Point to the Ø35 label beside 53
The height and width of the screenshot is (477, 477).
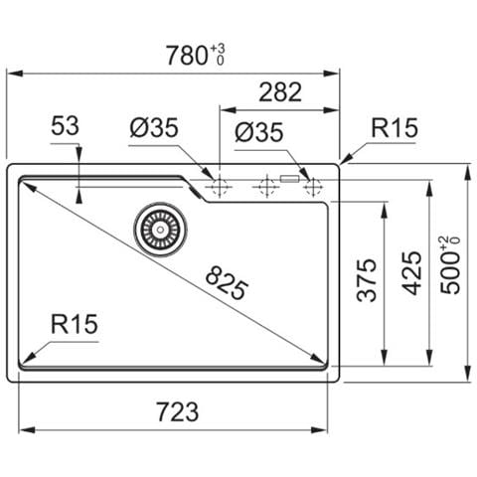point(153,127)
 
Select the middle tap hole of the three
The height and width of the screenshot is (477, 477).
point(265,185)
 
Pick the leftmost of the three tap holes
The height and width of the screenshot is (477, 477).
point(218,185)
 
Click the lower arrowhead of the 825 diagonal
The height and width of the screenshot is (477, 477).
point(324,364)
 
